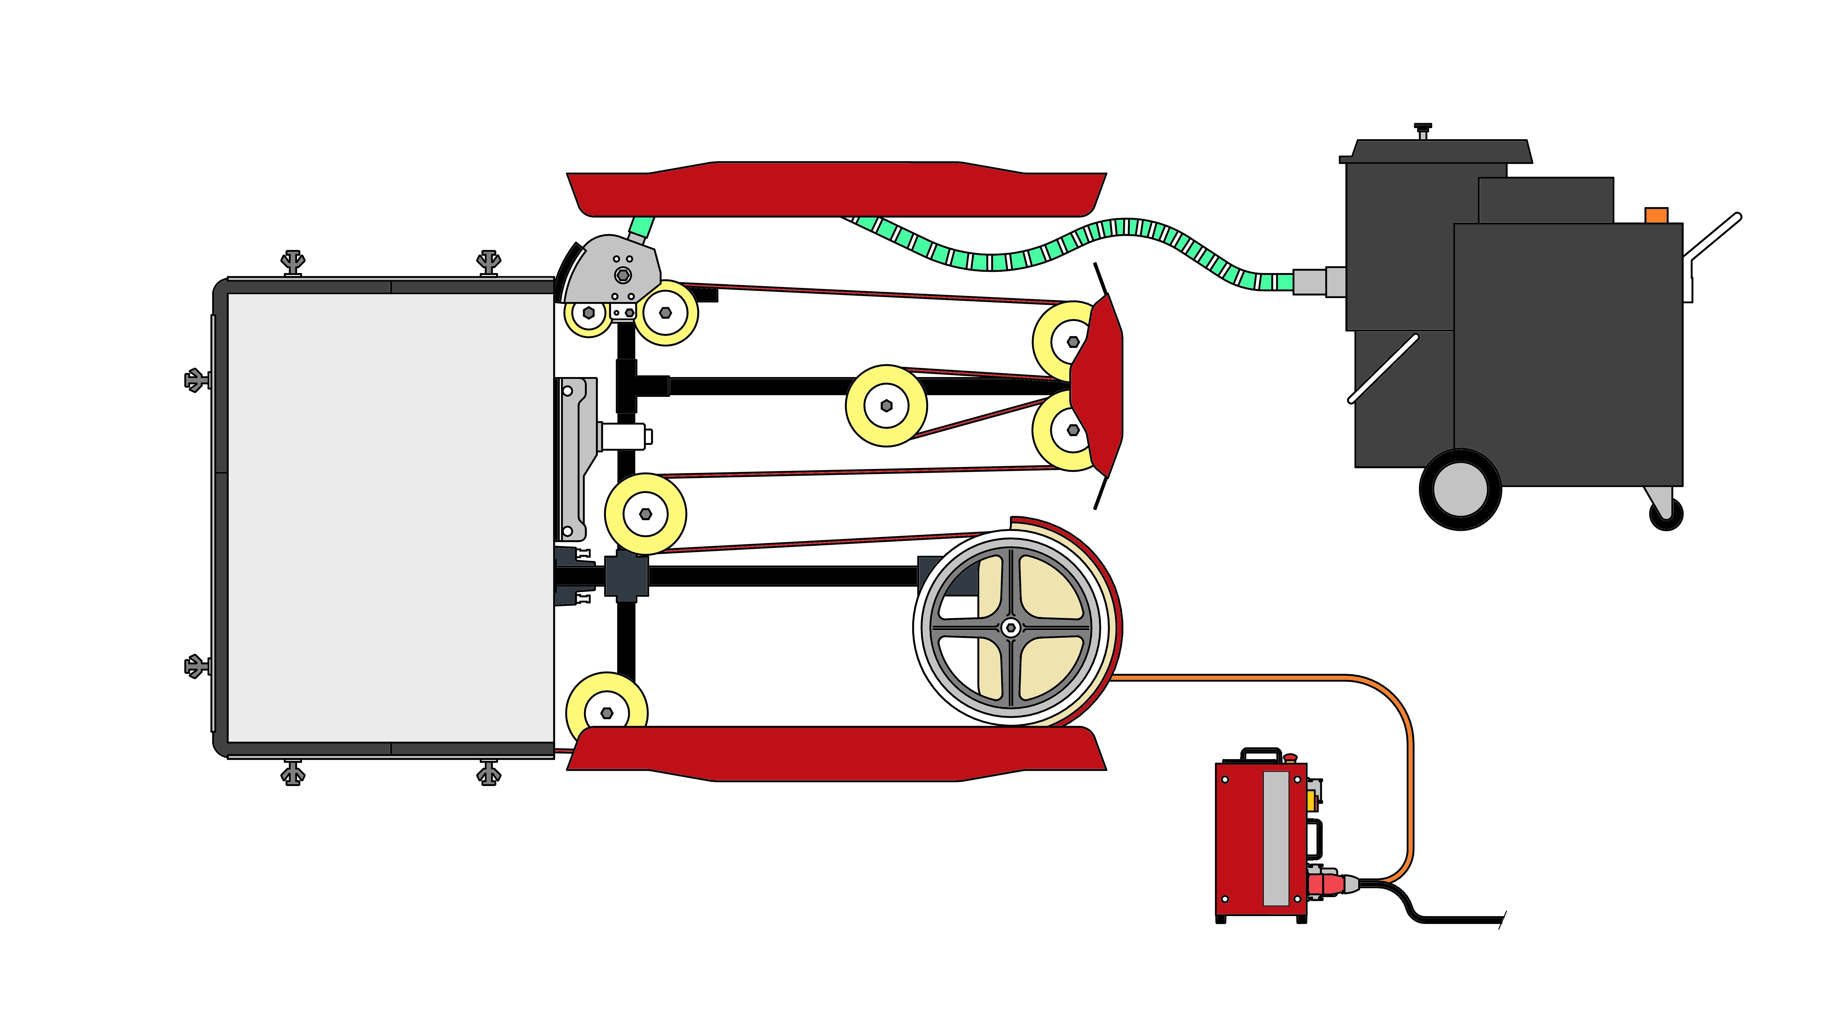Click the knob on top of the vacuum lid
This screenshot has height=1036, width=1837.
pyautogui.click(x=1423, y=129)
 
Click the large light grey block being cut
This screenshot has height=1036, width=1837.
pyautogui.click(x=390, y=517)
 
